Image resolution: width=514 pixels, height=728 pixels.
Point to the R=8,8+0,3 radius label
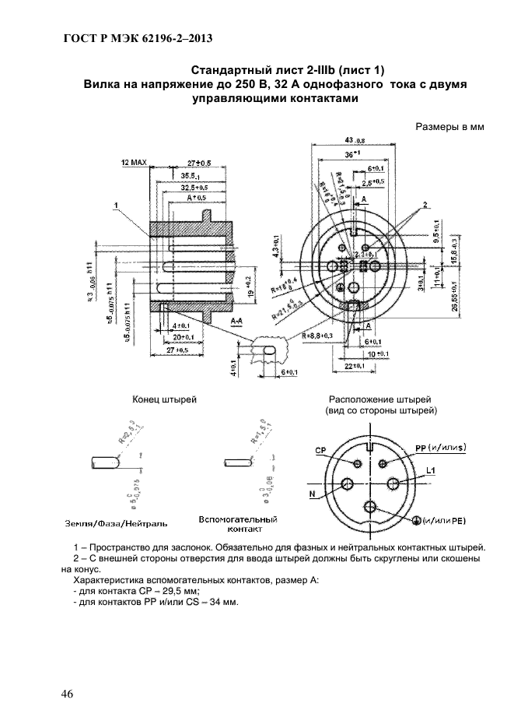pyautogui.click(x=318, y=335)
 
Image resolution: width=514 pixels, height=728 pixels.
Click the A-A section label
pyautogui.click(x=240, y=319)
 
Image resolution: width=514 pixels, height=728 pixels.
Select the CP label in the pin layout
pyautogui.click(x=320, y=451)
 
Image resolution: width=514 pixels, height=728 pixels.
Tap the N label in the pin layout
pyautogui.click(x=312, y=494)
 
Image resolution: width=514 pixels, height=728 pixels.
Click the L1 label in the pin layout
pyautogui.click(x=430, y=470)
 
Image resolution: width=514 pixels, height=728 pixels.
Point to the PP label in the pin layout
pyautogui.click(x=423, y=448)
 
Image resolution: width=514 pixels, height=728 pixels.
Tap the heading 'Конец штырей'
pyautogui.click(x=165, y=399)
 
